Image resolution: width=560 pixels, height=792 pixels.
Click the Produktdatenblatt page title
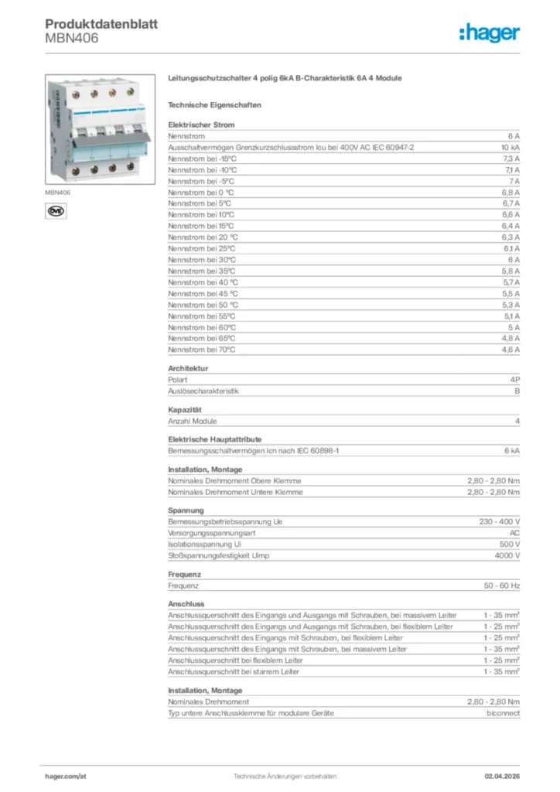101,24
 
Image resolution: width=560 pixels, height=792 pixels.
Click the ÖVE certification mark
56,210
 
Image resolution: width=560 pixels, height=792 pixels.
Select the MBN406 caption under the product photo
57,192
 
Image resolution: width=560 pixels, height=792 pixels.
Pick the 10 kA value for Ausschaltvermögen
510,147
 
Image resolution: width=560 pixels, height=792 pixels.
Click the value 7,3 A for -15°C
510,158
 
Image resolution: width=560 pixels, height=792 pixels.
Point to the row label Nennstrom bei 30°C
202,260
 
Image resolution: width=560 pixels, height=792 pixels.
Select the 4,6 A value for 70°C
510,350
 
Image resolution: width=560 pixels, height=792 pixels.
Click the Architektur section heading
188,368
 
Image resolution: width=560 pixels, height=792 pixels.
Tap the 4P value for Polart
514,380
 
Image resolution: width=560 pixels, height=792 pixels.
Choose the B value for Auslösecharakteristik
517,391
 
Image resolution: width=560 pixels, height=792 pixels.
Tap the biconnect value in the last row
503,713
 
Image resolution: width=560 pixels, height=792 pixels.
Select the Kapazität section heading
185,409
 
